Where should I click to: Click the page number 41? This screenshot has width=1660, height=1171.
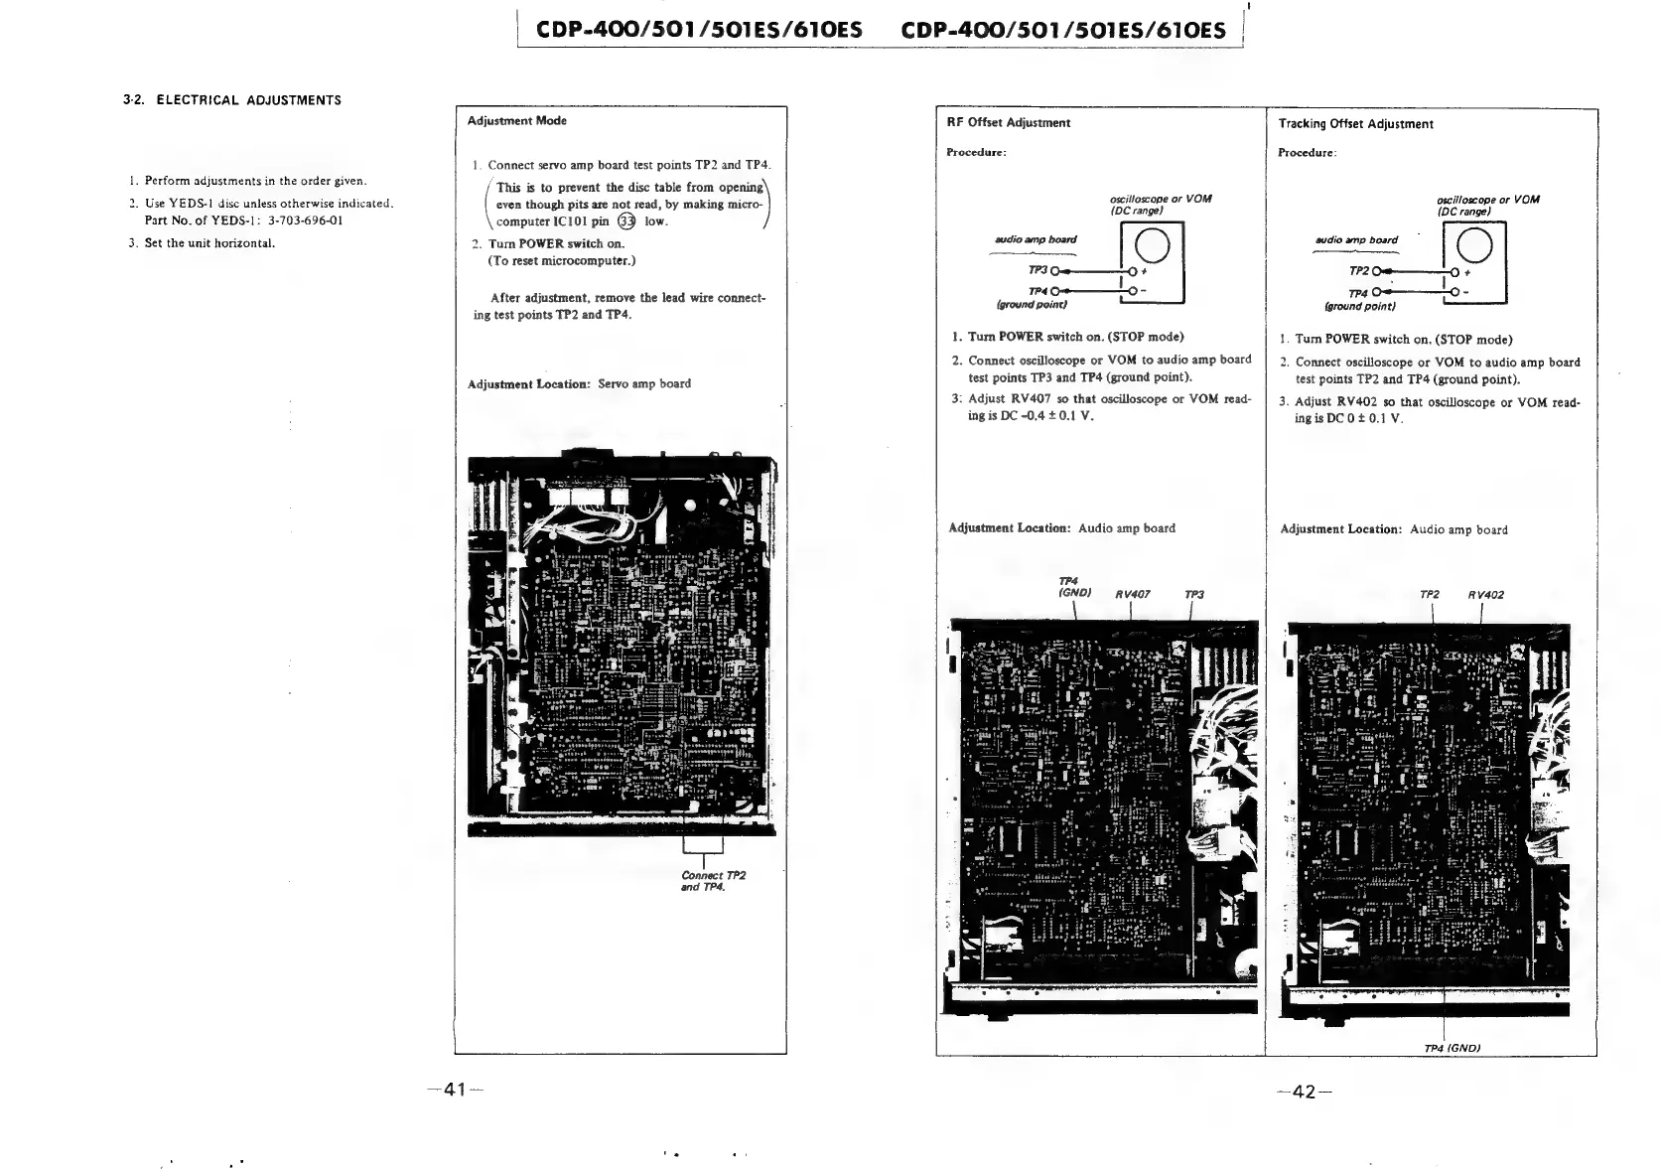pyautogui.click(x=456, y=1090)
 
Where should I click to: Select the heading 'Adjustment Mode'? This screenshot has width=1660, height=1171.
pyautogui.click(x=516, y=121)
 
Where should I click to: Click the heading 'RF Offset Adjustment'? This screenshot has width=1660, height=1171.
pyautogui.click(x=1008, y=123)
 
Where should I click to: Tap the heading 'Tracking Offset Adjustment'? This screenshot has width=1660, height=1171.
pyautogui.click(x=1355, y=124)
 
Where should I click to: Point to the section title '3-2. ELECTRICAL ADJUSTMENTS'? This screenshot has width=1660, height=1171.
pyautogui.click(x=231, y=100)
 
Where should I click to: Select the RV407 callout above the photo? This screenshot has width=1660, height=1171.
pyautogui.click(x=1133, y=595)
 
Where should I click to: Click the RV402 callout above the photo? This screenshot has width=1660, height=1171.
pyautogui.click(x=1486, y=595)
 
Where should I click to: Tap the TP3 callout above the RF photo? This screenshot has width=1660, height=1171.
pyautogui.click(x=1194, y=595)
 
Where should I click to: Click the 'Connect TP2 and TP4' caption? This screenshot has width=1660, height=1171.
pyautogui.click(x=713, y=881)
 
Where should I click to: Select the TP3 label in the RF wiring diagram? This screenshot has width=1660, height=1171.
pyautogui.click(x=1037, y=270)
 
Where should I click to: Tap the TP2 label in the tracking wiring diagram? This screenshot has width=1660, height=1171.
pyautogui.click(x=1359, y=271)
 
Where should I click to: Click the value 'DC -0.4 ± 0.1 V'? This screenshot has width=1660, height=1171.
pyautogui.click(x=1045, y=416)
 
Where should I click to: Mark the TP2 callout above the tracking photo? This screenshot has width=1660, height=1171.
pyautogui.click(x=1430, y=595)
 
